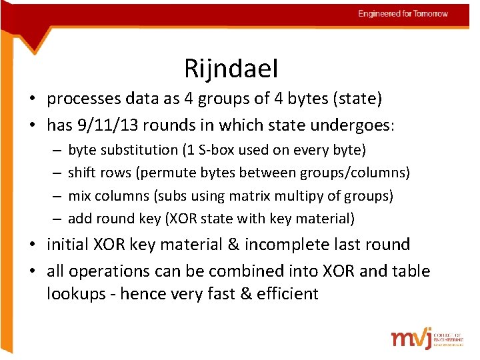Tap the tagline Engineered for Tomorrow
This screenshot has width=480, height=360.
(403, 13)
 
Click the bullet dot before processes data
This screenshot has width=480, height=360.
(32, 100)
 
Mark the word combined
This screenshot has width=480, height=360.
(248, 271)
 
